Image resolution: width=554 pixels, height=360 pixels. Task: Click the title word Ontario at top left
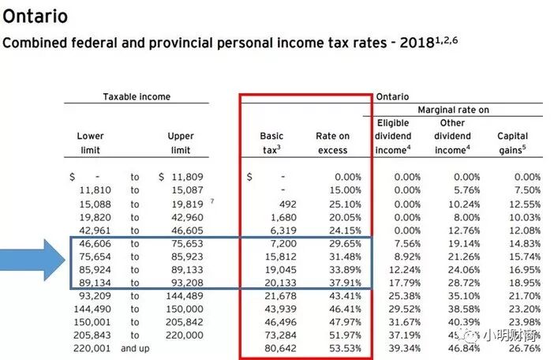(x=36, y=16)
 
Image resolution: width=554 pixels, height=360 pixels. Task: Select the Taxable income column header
(x=137, y=97)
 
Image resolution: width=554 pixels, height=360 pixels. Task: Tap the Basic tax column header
(x=271, y=143)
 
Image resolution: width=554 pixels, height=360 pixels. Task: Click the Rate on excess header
(x=332, y=143)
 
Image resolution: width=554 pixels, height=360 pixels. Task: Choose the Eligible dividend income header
(x=393, y=136)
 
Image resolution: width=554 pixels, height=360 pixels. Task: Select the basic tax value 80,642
(x=281, y=348)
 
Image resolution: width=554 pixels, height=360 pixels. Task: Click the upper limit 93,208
(x=187, y=283)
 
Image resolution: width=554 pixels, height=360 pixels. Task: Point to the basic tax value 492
(x=286, y=204)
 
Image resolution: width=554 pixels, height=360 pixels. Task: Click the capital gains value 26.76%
(x=525, y=348)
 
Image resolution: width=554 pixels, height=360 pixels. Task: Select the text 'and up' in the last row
(x=135, y=348)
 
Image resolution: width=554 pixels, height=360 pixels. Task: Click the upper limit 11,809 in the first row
(x=187, y=178)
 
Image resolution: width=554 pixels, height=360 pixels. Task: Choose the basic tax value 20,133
(x=281, y=283)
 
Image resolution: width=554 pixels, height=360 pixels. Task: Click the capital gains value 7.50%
(x=527, y=190)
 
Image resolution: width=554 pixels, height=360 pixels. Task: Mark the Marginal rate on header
(x=453, y=110)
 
